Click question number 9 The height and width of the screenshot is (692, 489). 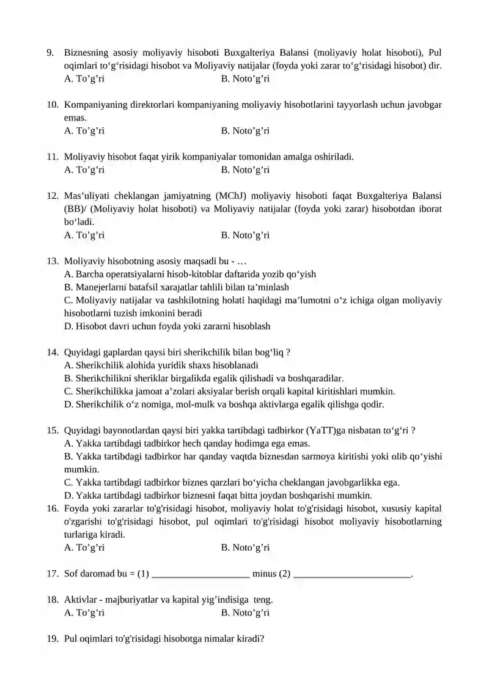pyautogui.click(x=50, y=53)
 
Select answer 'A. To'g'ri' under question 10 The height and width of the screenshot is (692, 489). pyautogui.click(x=84, y=131)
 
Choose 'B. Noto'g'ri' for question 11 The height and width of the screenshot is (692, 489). pyautogui.click(x=245, y=170)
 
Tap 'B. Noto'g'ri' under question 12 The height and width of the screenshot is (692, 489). pyautogui.click(x=245, y=236)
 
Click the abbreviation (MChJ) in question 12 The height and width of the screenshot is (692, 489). pyautogui.click(x=230, y=196)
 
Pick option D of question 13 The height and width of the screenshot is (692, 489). pyautogui.click(x=167, y=327)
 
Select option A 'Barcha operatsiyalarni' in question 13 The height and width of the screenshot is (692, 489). pyautogui.click(x=189, y=275)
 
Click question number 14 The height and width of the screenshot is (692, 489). pyautogui.click(x=52, y=352)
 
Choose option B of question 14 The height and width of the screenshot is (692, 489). pyautogui.click(x=204, y=379)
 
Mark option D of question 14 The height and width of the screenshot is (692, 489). pyautogui.click(x=224, y=404)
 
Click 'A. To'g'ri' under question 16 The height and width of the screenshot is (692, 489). pyautogui.click(x=84, y=548)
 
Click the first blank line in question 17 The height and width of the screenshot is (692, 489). pyautogui.click(x=200, y=575)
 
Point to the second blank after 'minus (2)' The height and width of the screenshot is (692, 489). pyautogui.click(x=353, y=575)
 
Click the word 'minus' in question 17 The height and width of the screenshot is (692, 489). pyautogui.click(x=265, y=574)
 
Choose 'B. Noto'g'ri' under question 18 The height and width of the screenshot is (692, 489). pyautogui.click(x=245, y=613)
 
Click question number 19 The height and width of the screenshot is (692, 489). pyautogui.click(x=52, y=639)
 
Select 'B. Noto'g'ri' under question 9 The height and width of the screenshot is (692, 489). pyautogui.click(x=245, y=79)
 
